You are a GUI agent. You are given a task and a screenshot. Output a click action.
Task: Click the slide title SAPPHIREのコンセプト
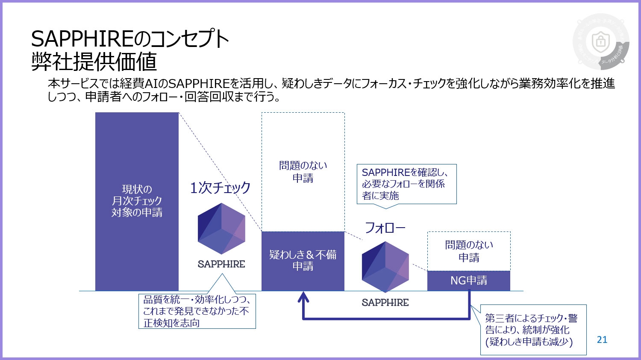[x=130, y=40]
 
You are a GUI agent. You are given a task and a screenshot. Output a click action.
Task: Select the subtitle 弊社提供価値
[x=94, y=62]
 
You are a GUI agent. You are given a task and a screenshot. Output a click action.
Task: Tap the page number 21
[x=602, y=340]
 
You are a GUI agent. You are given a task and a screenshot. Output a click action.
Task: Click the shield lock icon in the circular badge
[x=600, y=42]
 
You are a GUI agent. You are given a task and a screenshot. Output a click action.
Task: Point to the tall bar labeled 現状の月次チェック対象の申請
[x=137, y=201]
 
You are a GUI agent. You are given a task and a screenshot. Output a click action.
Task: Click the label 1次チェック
[x=220, y=187]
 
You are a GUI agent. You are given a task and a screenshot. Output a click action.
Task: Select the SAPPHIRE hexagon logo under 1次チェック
[x=221, y=228]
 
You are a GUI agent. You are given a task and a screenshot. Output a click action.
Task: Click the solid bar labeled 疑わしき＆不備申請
[x=303, y=260]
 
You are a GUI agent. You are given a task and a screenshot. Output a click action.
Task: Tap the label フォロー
[x=385, y=228]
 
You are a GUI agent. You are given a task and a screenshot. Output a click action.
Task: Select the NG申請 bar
[x=469, y=281]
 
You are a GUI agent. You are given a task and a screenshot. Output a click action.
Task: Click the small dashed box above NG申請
[x=469, y=251]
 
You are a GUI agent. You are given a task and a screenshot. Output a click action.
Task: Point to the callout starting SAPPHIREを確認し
[x=406, y=184]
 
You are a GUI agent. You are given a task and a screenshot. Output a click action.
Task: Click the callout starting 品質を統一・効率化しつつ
[x=197, y=311]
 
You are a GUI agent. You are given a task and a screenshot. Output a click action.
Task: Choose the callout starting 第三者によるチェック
[x=533, y=330]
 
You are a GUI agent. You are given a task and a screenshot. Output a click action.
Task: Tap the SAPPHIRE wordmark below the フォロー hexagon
[x=385, y=303]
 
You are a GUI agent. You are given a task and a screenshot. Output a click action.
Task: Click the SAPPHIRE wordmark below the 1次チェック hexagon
[x=221, y=264]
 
